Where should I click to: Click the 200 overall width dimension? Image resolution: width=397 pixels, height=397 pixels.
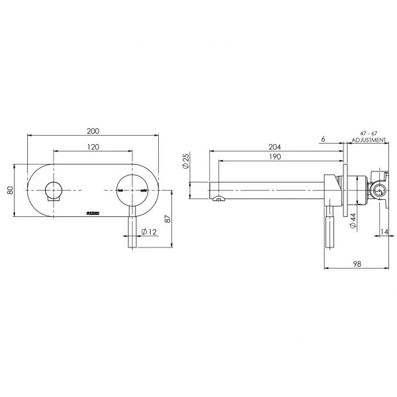[x=93, y=131]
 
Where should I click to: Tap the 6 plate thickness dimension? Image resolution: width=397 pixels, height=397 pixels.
[x=322, y=139]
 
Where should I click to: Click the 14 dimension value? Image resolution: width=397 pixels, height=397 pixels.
[x=384, y=232]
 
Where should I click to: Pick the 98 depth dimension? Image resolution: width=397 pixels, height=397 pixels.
[x=357, y=263]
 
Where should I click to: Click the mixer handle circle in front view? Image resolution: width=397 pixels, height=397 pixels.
[x=132, y=189]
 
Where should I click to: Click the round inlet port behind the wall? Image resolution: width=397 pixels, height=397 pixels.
[x=380, y=192]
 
